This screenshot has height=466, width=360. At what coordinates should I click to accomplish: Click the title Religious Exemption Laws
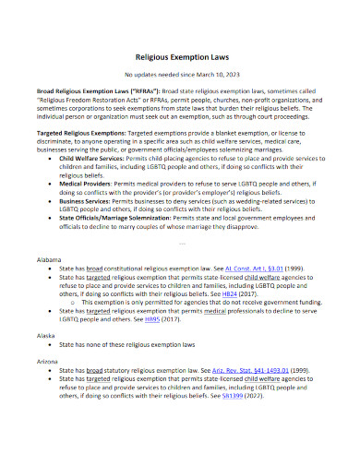point(179,56)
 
